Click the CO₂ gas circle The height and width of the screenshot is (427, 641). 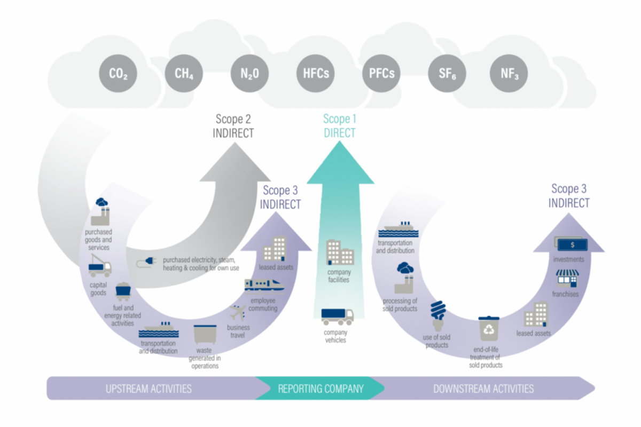118,73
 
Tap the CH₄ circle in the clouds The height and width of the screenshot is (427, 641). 184,73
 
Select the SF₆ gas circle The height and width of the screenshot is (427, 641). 448,73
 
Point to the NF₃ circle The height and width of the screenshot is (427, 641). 509,73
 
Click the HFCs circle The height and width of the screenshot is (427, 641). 316,73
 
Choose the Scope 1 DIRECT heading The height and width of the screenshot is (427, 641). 339,126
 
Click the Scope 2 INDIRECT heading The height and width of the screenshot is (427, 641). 233,126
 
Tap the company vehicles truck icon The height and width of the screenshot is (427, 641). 337,316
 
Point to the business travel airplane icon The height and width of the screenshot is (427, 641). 238,312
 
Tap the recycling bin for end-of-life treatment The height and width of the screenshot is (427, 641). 488,328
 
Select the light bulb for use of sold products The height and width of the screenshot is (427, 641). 438,315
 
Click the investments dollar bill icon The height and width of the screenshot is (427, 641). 571,245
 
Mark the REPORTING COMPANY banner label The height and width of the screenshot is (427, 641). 320,388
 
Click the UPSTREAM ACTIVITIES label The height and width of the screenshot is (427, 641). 148,388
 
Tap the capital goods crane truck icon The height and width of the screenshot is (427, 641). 99,265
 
